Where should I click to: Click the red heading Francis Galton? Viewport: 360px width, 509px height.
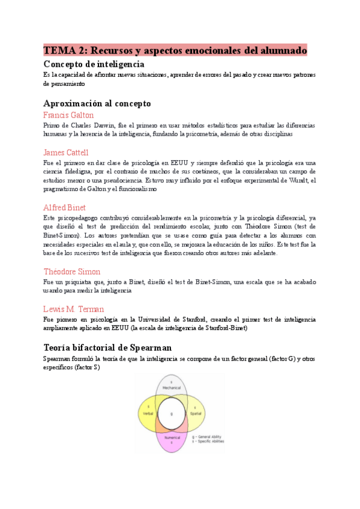pos(68,115)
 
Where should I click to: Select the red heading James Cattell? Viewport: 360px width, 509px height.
pos(66,152)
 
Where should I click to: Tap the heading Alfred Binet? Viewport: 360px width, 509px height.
pos(65,208)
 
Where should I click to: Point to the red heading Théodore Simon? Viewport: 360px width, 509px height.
pos(72,272)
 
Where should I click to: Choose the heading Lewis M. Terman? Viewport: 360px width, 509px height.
pos(74,309)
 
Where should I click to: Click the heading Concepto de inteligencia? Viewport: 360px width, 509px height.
pos(94,64)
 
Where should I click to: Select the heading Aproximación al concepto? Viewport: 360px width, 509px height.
pos(97,103)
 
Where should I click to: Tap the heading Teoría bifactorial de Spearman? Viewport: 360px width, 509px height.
pos(107,347)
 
